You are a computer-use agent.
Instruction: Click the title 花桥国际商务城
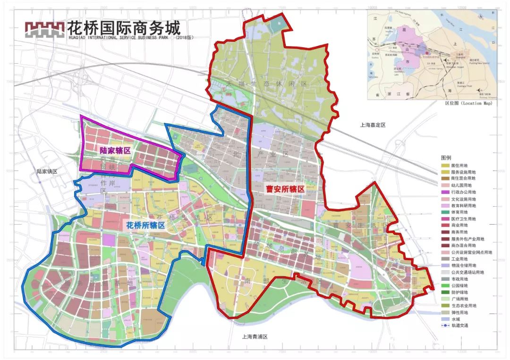[124, 26]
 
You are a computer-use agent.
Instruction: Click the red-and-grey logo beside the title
[45, 29]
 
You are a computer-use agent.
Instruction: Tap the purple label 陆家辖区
[114, 151]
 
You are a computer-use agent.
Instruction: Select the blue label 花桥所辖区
[145, 226]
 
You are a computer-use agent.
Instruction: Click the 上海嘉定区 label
[373, 125]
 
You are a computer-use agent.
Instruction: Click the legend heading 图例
[446, 157]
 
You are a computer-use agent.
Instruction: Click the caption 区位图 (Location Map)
[468, 103]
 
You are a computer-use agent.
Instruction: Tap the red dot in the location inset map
[427, 53]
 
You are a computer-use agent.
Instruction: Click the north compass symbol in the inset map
[481, 17]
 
